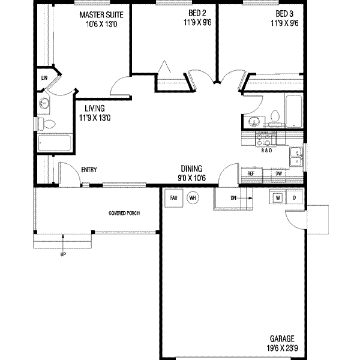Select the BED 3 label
(282, 14)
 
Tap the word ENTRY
(89, 170)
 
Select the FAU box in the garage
(173, 197)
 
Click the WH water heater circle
(193, 197)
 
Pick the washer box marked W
(278, 197)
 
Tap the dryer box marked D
(294, 197)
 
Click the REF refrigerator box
(252, 173)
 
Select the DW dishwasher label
(278, 173)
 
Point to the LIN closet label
(44, 78)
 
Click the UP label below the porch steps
(63, 254)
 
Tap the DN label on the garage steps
(233, 197)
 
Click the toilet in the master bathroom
(49, 124)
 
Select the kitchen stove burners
(263, 140)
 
